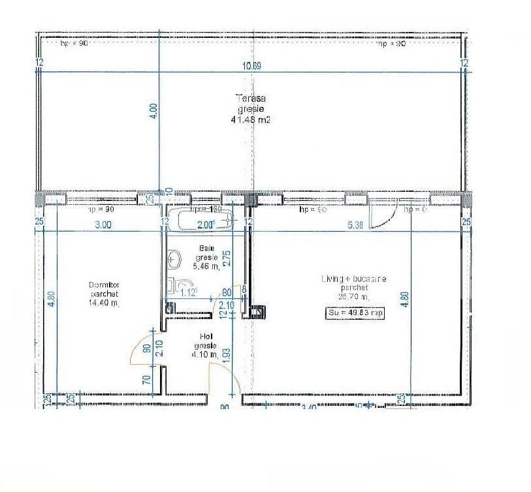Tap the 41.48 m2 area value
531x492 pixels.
250,120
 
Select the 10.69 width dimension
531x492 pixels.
251,65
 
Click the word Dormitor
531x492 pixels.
105,284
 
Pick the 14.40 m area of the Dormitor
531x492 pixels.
105,303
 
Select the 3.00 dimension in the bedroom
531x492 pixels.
103,225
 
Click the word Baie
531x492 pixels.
207,249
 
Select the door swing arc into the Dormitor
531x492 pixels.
142,352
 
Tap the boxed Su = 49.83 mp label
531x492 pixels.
355,313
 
